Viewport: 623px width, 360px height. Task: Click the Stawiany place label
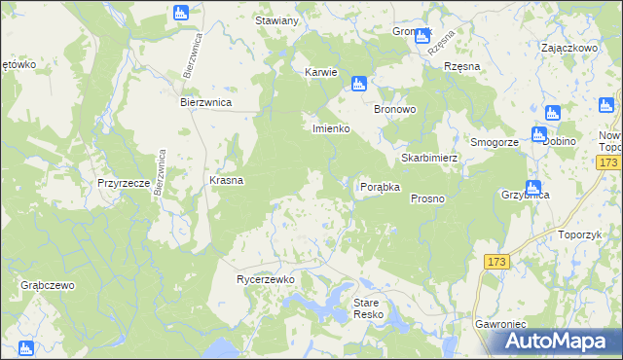[x=275, y=20]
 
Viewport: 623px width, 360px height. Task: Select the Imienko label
[x=330, y=128]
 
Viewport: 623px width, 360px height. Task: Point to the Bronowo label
[x=396, y=110]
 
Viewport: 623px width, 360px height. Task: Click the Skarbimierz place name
[x=429, y=158]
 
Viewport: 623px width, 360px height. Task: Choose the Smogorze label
[x=494, y=142]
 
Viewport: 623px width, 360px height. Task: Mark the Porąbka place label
[x=381, y=187]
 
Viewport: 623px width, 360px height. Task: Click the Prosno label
[x=427, y=198]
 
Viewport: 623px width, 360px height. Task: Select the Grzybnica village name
[x=525, y=195]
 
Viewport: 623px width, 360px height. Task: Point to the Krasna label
[x=227, y=181]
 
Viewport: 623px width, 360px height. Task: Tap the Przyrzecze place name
[x=123, y=183]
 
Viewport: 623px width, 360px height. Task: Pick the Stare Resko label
[x=371, y=309]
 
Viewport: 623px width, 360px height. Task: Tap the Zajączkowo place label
[x=568, y=47]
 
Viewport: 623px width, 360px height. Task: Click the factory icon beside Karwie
[x=359, y=84]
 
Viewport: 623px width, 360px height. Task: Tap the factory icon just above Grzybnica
[x=533, y=187]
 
